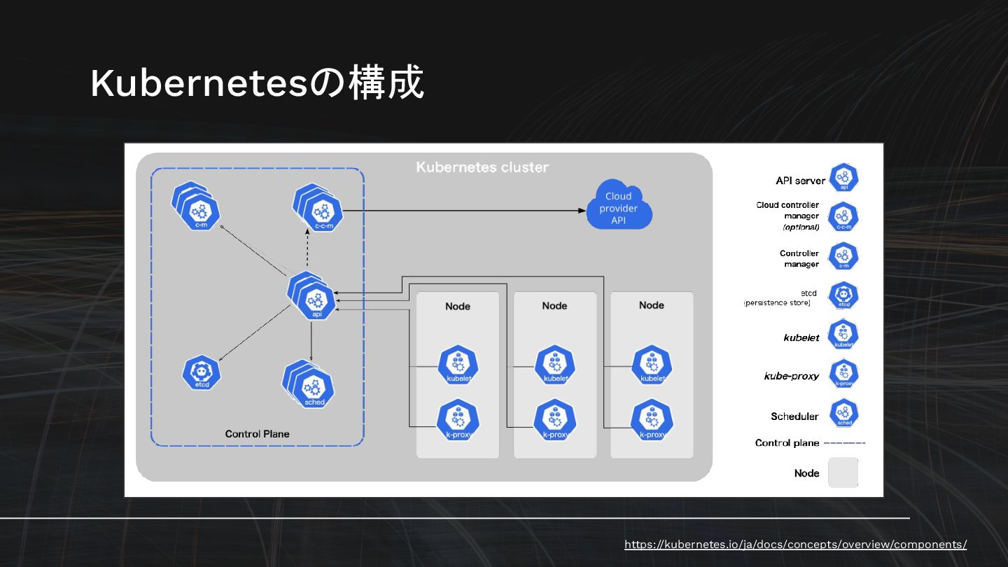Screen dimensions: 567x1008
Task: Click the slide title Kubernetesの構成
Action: (257, 83)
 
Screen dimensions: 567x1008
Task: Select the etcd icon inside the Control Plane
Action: (202, 372)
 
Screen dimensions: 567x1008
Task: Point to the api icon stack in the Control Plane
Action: (314, 297)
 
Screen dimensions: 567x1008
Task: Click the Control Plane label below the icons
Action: (257, 434)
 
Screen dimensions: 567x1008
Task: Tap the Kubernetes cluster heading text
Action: (482, 167)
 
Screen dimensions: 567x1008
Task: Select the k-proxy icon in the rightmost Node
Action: (652, 420)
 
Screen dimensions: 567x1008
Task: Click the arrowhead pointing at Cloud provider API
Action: (582, 210)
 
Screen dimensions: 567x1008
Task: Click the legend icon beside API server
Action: (843, 178)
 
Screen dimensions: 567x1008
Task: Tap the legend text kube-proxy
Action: (791, 376)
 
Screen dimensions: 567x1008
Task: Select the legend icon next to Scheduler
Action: (843, 414)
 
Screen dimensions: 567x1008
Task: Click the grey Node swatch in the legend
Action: (843, 472)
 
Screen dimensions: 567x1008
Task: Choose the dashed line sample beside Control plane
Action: (844, 443)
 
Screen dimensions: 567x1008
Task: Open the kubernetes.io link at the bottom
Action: (795, 545)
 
